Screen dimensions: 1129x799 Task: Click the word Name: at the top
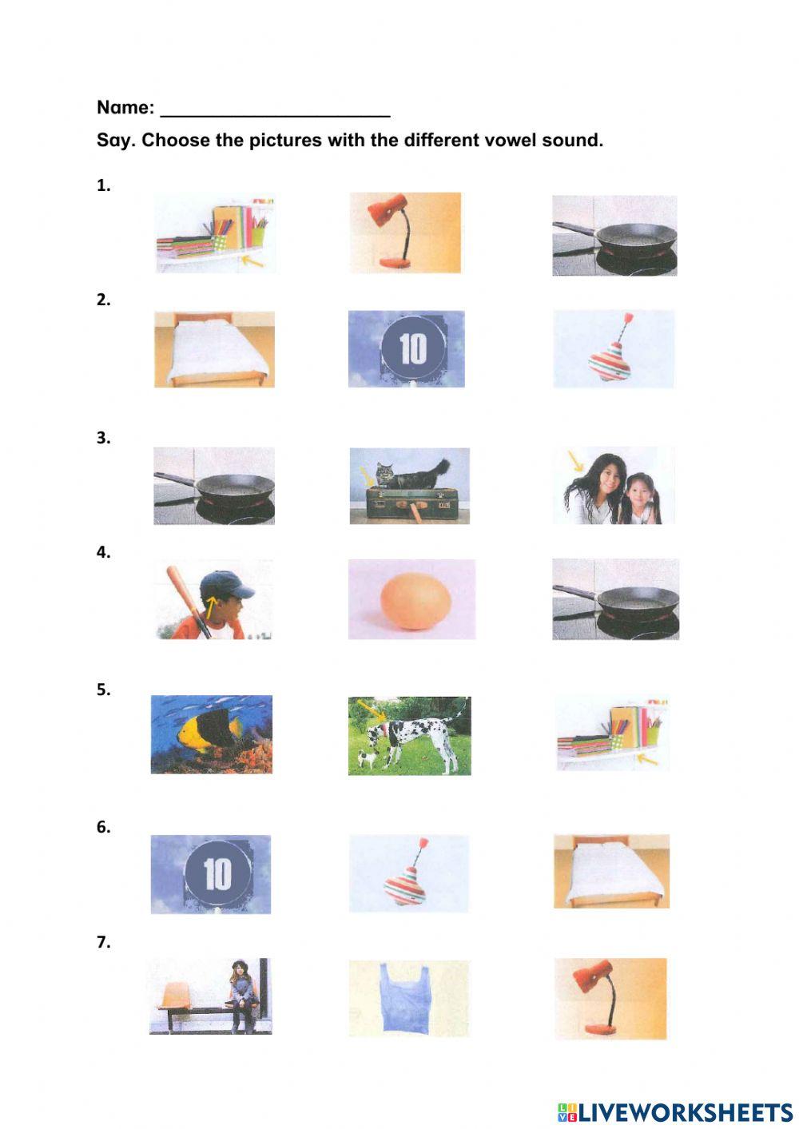[125, 108]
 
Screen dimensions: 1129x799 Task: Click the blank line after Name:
[275, 112]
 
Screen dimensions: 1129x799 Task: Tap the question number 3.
[103, 438]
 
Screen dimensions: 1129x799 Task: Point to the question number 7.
[103, 942]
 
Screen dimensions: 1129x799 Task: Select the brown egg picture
[412, 600]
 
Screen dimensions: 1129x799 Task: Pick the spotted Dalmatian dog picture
[409, 736]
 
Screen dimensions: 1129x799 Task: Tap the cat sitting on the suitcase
[410, 484]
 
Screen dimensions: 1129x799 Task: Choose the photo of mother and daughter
[614, 486]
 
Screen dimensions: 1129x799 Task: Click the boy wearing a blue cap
[213, 599]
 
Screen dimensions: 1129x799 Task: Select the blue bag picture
[408, 997]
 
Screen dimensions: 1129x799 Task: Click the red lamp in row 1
[406, 233]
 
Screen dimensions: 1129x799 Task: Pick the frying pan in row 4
[615, 600]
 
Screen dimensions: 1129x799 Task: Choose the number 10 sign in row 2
[407, 349]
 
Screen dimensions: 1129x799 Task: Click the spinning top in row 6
[408, 874]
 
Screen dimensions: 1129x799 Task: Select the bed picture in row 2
[214, 349]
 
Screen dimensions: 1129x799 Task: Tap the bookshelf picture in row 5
[613, 734]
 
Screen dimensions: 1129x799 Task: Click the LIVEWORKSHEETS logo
[675, 1111]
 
